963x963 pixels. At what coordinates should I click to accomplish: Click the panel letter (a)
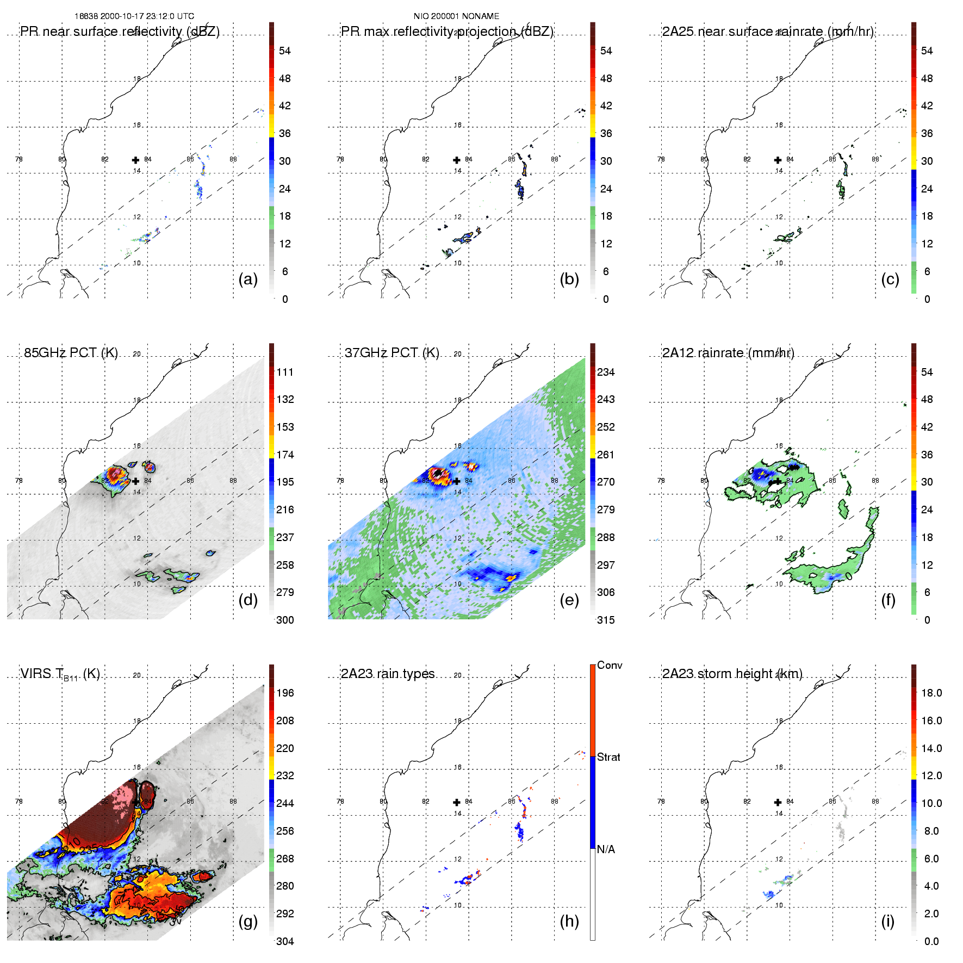pos(248,279)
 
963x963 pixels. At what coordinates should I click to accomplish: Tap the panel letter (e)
pos(569,600)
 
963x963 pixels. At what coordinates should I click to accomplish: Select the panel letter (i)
pos(887,921)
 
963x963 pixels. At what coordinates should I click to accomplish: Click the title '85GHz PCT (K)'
pos(71,352)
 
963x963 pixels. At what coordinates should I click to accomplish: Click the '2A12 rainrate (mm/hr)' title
pos(728,352)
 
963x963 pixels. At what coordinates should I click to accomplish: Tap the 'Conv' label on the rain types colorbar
pos(610,665)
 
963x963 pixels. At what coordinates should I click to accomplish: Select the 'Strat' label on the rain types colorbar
pos(608,757)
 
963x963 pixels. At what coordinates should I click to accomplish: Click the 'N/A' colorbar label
pos(606,849)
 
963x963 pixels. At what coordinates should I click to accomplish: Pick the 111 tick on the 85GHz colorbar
pos(285,372)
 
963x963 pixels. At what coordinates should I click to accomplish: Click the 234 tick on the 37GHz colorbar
pos(606,372)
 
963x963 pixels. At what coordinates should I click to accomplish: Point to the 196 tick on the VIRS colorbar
pos(285,693)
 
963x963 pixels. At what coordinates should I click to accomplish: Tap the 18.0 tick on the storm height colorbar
pos(931,693)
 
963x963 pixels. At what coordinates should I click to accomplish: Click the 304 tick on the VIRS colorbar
pos(285,941)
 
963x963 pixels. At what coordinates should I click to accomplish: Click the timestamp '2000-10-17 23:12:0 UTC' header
pos(147,16)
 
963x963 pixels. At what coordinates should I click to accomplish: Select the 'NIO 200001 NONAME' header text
pos(456,16)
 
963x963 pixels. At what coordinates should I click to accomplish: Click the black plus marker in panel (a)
pos(135,160)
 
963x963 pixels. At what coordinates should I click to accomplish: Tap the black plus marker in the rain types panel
pos(457,802)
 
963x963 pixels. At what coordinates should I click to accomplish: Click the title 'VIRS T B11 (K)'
pos(60,674)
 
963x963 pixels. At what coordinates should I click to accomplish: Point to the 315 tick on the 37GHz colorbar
pos(606,620)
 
